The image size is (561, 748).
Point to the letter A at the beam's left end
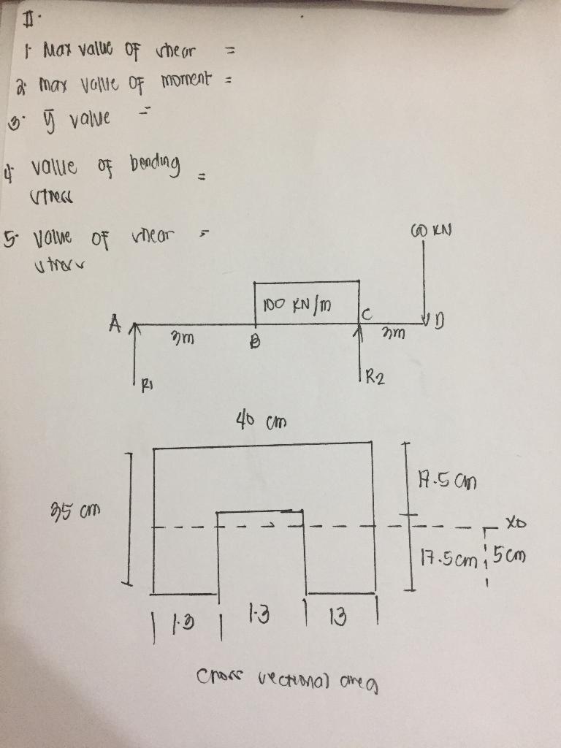tap(115, 321)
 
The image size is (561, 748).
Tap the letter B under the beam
tap(255, 340)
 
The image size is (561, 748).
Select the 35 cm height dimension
tap(83, 508)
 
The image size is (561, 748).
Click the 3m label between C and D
tap(397, 334)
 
